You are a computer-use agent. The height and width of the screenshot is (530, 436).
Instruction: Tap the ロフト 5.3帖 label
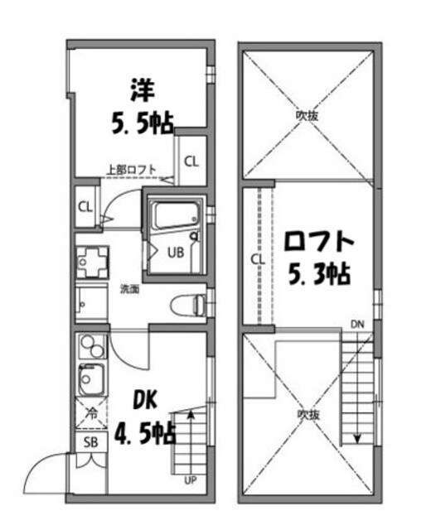(318, 256)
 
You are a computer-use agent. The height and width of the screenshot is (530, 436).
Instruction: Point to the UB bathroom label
(177, 253)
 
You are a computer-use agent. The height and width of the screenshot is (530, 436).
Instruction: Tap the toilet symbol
(187, 306)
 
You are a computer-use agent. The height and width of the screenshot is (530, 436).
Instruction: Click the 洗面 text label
(129, 289)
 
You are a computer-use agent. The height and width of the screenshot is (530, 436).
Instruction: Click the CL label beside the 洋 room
(191, 161)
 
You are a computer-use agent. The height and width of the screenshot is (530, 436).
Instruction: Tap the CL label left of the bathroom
(85, 206)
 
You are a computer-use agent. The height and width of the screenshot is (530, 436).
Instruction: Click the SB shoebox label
(90, 441)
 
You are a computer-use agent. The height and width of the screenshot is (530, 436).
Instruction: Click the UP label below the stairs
(189, 479)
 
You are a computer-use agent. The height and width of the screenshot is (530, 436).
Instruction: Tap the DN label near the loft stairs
(356, 323)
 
